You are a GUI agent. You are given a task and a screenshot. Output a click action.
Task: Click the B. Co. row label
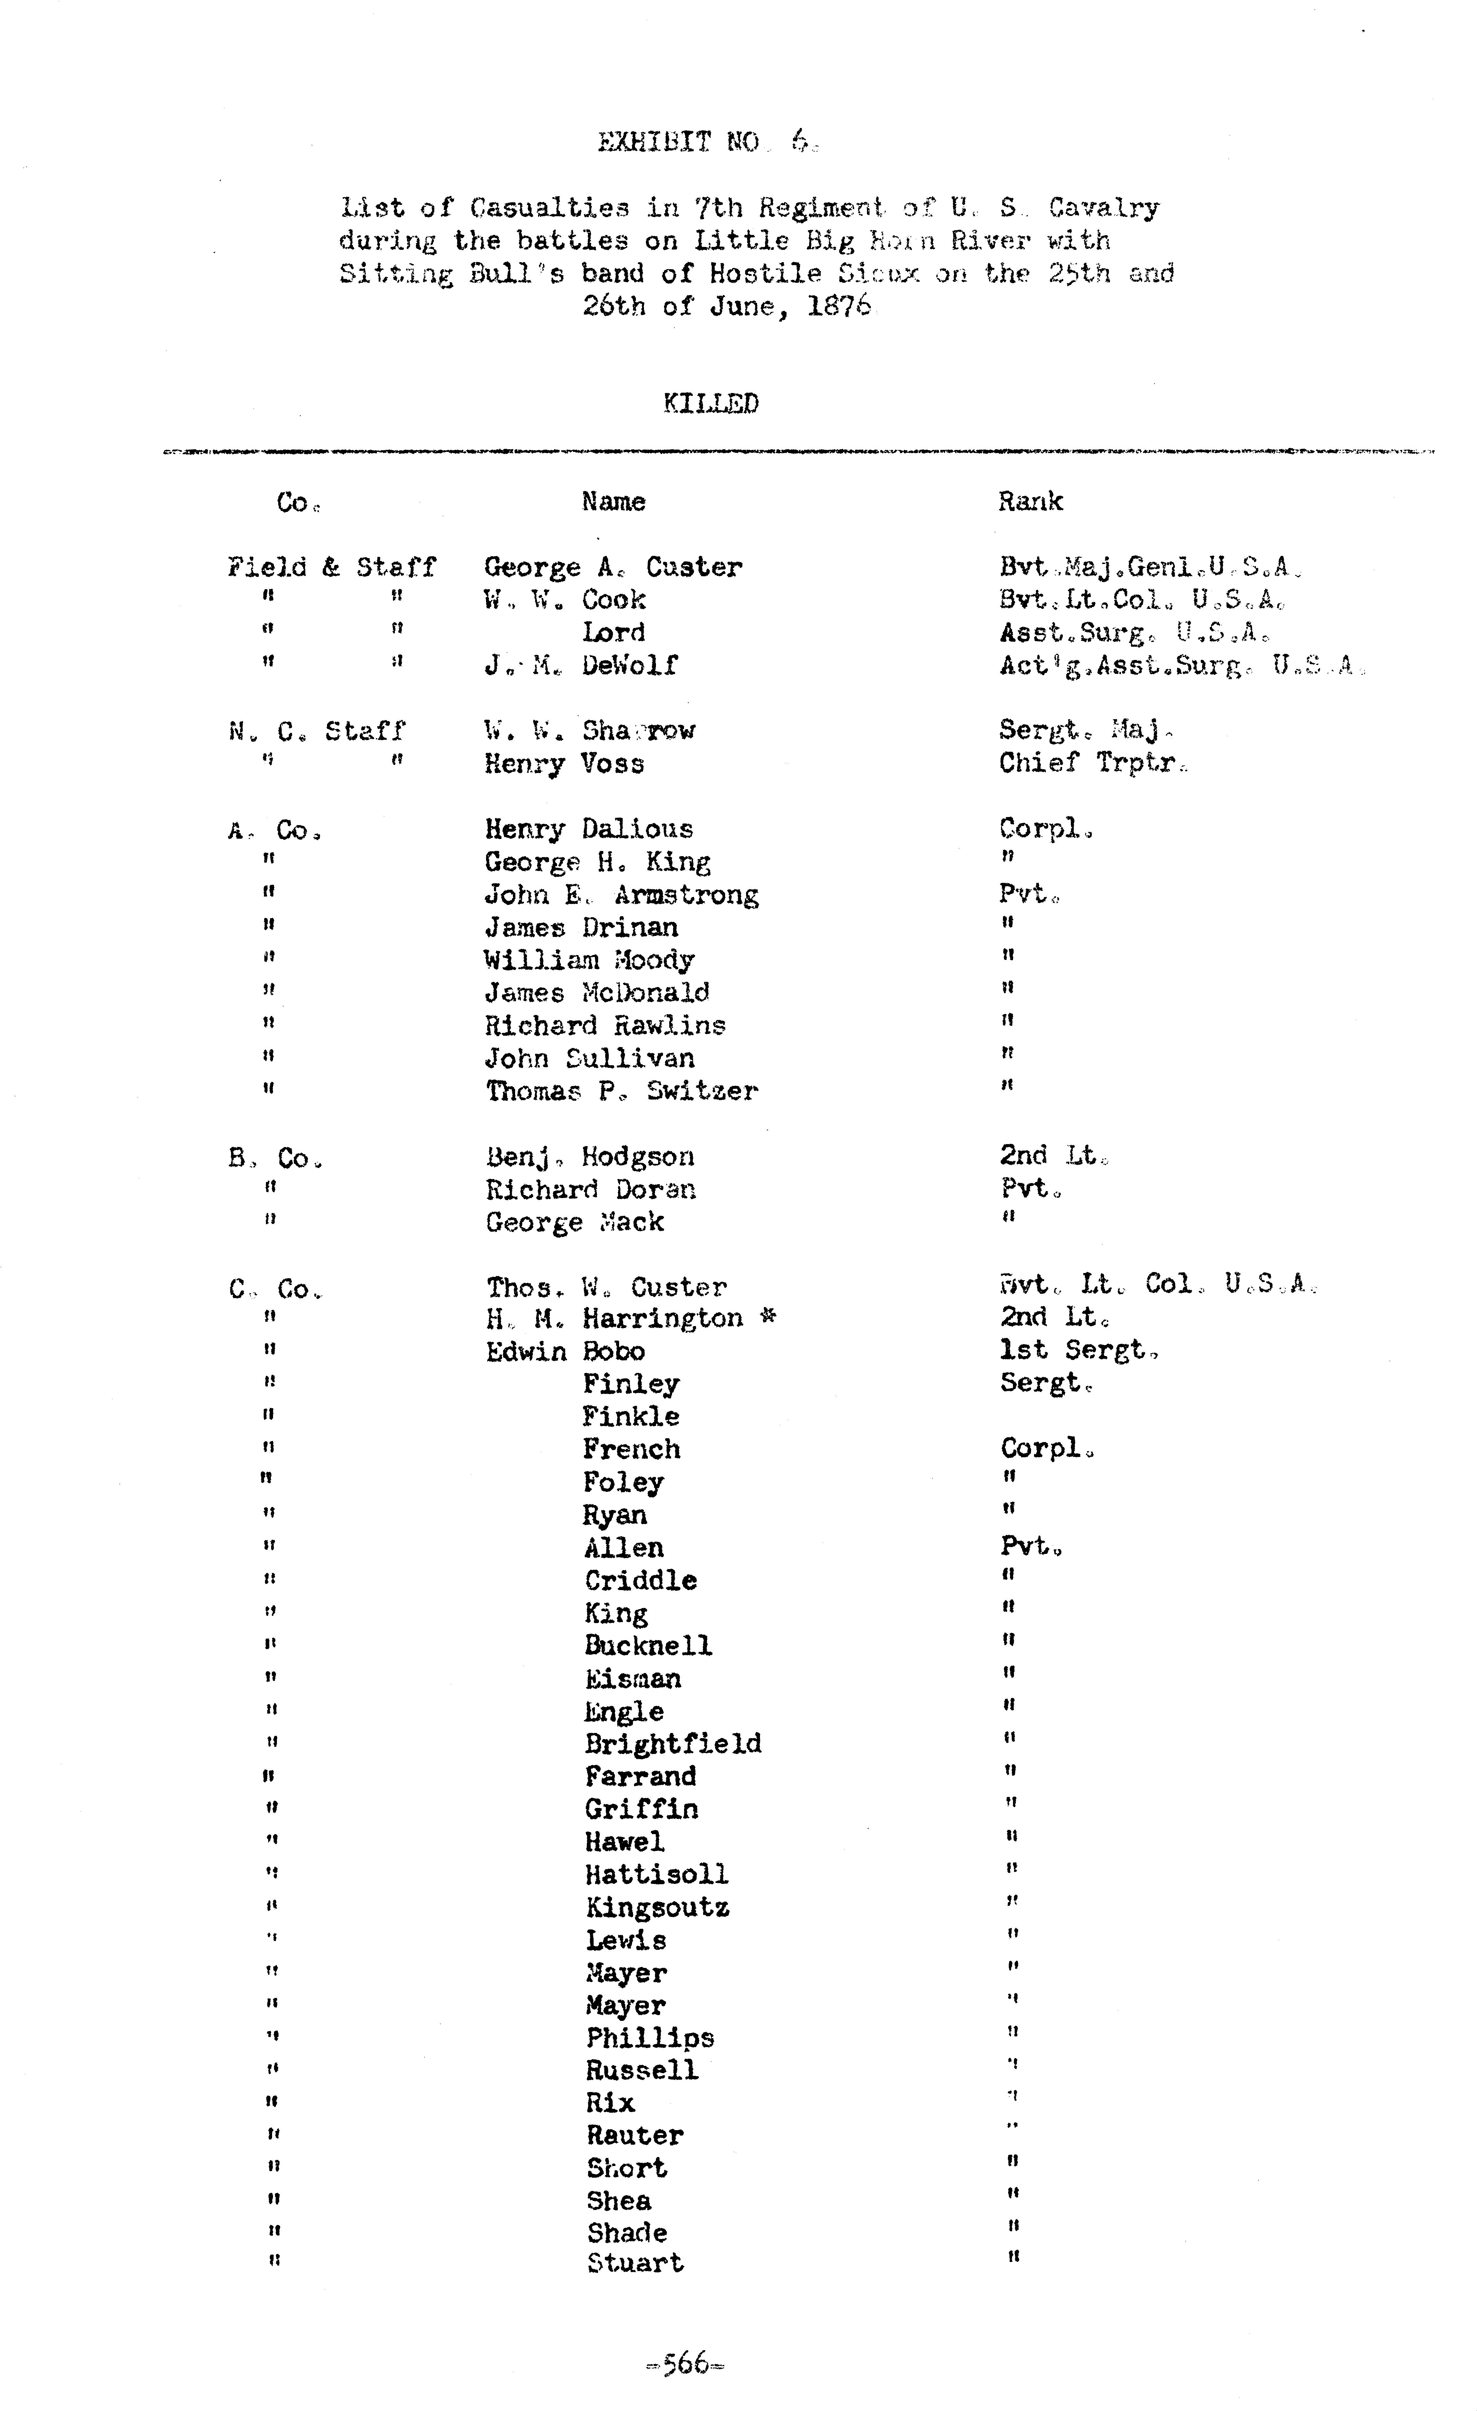tap(275, 1159)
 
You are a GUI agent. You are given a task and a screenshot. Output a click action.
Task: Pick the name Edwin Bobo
tap(565, 1351)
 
